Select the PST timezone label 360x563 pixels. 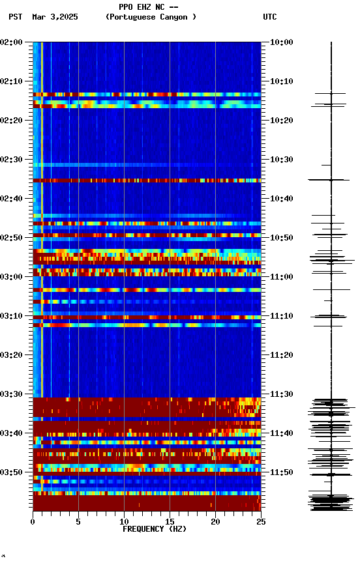pyautogui.click(x=15, y=17)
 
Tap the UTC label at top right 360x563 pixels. pyautogui.click(x=270, y=17)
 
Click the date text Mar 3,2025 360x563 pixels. pyautogui.click(x=55, y=17)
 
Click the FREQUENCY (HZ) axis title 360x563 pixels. pyautogui.click(x=154, y=529)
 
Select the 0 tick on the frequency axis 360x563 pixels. pyautogui.click(x=33, y=521)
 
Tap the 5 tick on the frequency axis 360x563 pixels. pyautogui.click(x=78, y=521)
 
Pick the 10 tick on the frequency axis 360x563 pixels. pyautogui.click(x=124, y=521)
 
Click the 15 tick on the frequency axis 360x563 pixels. pyautogui.click(x=170, y=521)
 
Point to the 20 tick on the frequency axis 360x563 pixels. pyautogui.click(x=215, y=521)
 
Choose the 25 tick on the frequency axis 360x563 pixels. pyautogui.click(x=261, y=521)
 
